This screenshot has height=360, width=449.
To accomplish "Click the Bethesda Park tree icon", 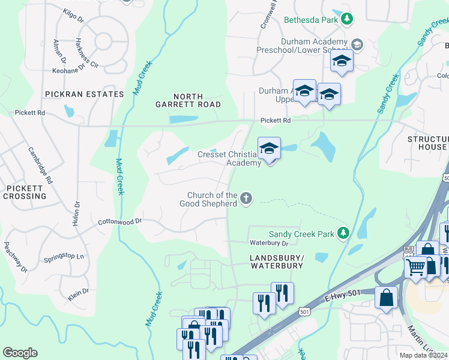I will click(346, 19).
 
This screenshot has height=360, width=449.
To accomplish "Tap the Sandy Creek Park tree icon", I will click(343, 232).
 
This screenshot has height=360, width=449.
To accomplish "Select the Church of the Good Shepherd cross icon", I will click(246, 198).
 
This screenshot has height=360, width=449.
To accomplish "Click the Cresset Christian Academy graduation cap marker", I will click(270, 148).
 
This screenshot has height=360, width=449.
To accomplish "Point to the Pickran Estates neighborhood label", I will click(84, 94).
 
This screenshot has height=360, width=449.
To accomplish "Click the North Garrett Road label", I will click(196, 100).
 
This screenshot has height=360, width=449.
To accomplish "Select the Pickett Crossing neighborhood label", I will click(24, 192).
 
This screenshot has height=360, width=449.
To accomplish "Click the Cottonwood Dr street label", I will click(119, 221).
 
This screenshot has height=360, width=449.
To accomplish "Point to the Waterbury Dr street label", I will click(270, 243).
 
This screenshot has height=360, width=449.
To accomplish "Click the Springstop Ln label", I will click(64, 258).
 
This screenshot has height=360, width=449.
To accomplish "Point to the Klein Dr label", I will click(79, 293).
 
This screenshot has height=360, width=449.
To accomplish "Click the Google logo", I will click(20, 353).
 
